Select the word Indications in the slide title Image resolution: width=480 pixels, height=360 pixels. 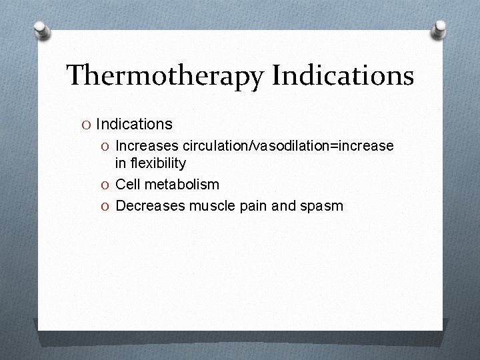tap(343, 76)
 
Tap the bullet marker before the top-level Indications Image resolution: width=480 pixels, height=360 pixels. tap(87, 125)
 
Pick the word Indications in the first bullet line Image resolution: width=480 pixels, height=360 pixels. tap(134, 124)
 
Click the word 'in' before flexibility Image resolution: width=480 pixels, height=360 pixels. tap(121, 163)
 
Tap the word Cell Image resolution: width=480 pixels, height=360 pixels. tap(128, 184)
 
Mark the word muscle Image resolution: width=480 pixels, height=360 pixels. tap(211, 205)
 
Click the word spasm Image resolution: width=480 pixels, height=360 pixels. tap(322, 205)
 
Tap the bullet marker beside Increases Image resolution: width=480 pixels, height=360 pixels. tap(107, 146)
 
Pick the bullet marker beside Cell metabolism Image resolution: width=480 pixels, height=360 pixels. tap(107, 185)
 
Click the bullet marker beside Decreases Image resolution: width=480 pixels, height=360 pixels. tap(107, 206)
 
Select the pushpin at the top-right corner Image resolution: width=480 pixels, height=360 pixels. tap(440, 28)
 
